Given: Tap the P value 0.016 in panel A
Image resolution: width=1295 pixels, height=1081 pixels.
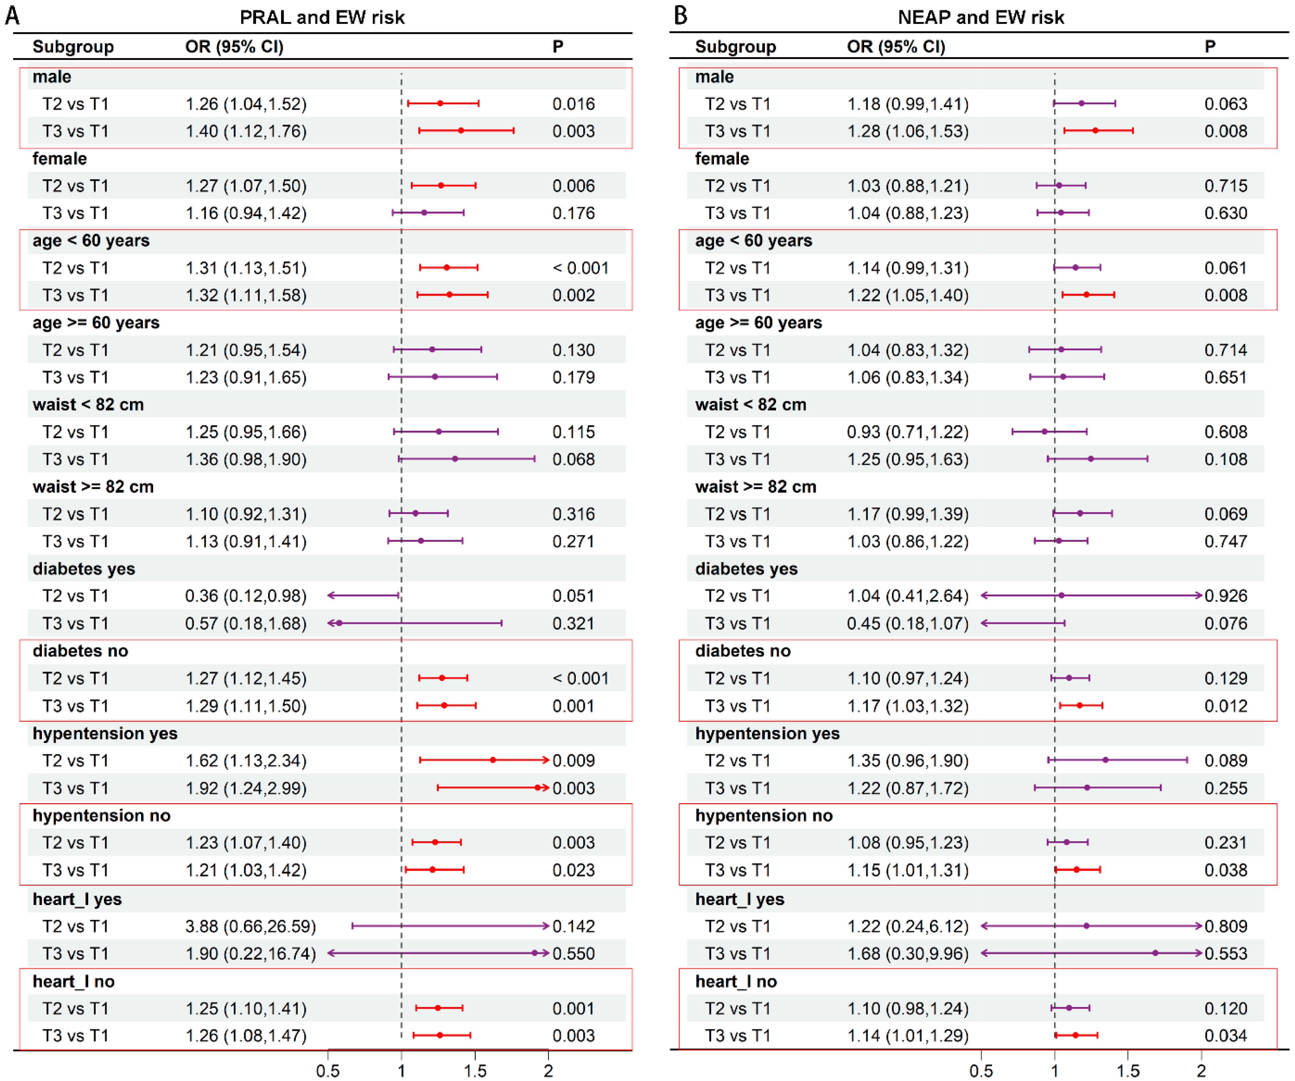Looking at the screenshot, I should (x=574, y=104).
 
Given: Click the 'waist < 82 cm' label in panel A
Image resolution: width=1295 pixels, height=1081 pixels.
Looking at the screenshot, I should (x=88, y=404).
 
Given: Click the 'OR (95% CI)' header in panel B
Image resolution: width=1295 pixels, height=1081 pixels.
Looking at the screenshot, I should (x=896, y=46).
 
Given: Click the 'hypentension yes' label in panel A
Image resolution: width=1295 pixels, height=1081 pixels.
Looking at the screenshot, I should (x=105, y=733).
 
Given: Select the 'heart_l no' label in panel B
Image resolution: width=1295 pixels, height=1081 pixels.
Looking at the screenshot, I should (x=736, y=981).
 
